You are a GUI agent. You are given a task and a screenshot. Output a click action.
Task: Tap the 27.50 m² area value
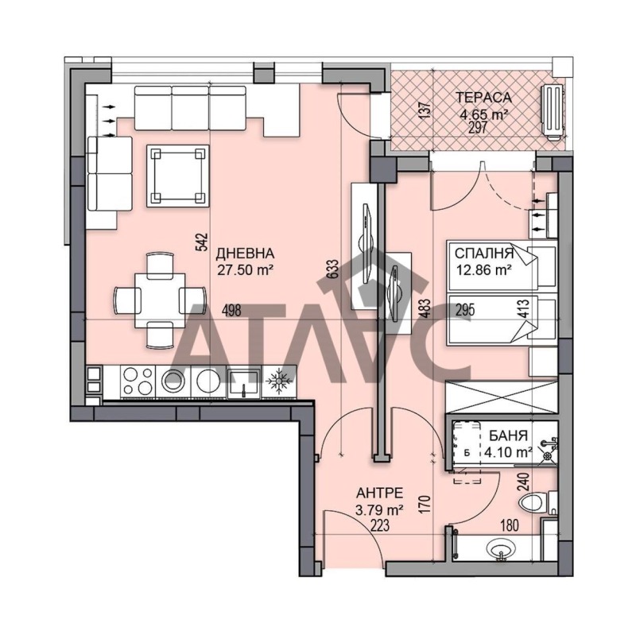click(x=245, y=269)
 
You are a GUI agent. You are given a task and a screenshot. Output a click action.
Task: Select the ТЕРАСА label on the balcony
click(x=483, y=98)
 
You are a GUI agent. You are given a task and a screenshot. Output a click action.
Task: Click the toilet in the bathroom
click(x=532, y=502)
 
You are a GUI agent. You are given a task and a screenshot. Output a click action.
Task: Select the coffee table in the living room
click(x=177, y=174)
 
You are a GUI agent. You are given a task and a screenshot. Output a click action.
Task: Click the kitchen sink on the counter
click(x=240, y=382)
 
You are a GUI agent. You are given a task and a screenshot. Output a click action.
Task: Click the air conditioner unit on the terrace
click(x=552, y=110)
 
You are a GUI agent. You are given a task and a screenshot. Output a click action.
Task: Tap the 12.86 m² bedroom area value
click(x=483, y=269)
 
